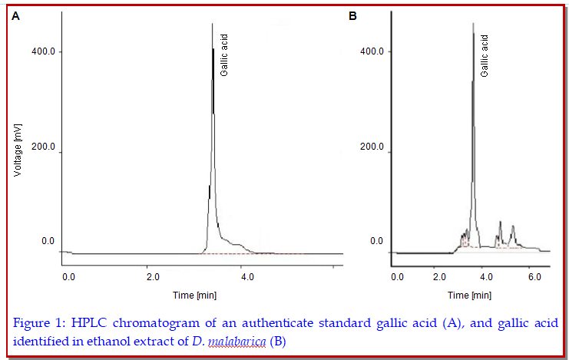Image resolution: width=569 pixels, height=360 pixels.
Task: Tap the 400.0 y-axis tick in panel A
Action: pos(42,51)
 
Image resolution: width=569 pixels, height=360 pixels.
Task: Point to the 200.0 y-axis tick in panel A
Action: pos(42,147)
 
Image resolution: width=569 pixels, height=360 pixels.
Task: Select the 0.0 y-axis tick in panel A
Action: pos(48,241)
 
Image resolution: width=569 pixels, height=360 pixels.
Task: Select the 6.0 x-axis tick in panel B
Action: pos(534,276)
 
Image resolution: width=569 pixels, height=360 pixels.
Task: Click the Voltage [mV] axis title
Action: pos(18,146)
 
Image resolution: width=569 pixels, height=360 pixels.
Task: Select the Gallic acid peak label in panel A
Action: pos(224,54)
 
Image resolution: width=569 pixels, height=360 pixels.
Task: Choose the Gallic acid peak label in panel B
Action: pos(484,54)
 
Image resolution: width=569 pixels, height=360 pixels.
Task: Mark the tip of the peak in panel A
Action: pos(212,24)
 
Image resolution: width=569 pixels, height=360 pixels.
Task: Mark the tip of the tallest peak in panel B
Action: pos(473,23)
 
